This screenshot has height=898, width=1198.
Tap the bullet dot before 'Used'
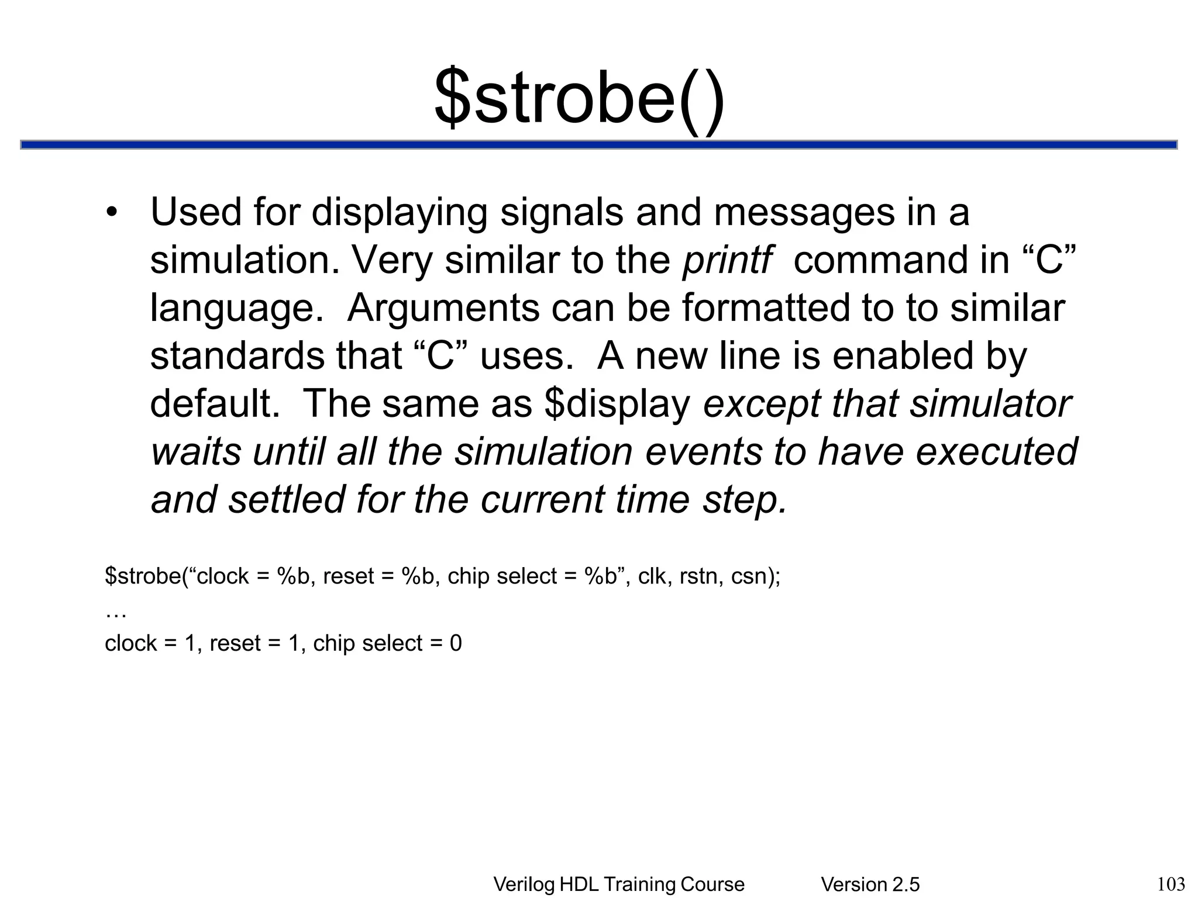pos(112,212)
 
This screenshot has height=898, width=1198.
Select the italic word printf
pos(727,260)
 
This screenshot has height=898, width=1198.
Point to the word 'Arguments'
pos(443,308)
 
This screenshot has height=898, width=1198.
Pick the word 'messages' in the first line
pos(804,212)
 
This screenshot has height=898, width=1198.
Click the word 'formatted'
pos(765,308)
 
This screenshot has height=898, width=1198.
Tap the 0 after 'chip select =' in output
pos(456,644)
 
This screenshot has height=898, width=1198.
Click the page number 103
pos(1171,883)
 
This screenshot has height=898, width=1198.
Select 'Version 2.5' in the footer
pos(870,885)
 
